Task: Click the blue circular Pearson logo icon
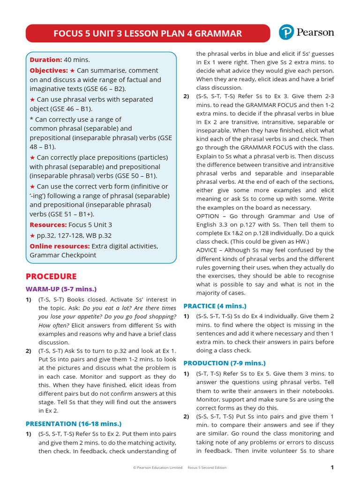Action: click(286, 32)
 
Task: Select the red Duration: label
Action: click(46, 60)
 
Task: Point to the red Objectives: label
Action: click(49, 70)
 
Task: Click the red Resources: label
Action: click(48, 225)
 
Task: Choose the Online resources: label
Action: click(60, 246)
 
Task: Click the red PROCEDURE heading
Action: click(51, 276)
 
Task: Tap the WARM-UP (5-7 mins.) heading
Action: click(61, 289)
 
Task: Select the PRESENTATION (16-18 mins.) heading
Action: click(74, 423)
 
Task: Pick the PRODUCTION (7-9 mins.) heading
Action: click(224, 363)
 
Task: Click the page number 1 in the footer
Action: click(332, 467)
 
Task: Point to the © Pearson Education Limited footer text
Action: click(157, 467)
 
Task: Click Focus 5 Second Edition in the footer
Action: click(207, 467)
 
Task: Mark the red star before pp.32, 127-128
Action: click(32, 235)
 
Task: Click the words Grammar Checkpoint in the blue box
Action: click(63, 255)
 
